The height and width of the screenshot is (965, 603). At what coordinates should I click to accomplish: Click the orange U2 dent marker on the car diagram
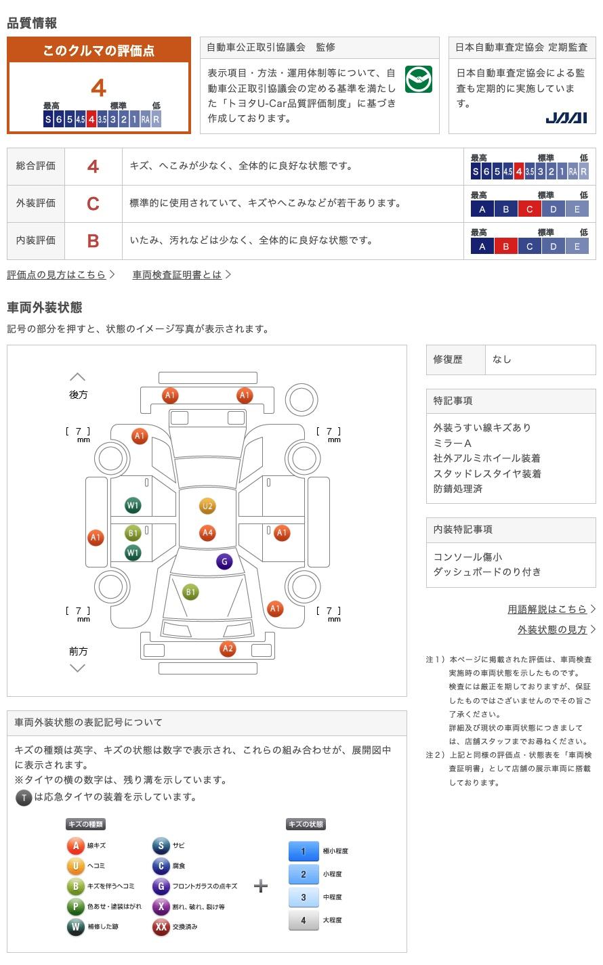point(207,506)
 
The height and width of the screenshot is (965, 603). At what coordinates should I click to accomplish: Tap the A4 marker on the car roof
point(207,533)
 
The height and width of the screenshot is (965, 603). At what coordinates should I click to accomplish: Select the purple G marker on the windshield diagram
point(224,561)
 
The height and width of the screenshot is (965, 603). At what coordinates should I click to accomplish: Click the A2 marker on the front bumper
point(228,649)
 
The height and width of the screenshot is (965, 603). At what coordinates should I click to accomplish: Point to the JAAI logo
point(566,118)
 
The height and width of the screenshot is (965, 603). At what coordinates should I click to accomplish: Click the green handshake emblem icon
point(418,80)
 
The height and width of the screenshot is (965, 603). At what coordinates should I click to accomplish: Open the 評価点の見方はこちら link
point(56,274)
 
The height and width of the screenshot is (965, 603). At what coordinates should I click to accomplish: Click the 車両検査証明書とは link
point(177,274)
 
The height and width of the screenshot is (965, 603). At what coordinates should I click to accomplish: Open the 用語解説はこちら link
point(547,609)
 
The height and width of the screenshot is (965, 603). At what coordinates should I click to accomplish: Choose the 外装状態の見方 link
point(552,629)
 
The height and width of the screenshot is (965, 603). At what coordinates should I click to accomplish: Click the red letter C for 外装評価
point(93,203)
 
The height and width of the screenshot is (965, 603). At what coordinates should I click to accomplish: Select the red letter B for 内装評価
point(93,240)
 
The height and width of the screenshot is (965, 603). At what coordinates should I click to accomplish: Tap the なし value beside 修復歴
point(502,360)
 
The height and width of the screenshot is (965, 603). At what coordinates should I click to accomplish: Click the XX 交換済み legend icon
point(161,926)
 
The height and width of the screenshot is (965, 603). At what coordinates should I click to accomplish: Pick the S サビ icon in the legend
point(161,845)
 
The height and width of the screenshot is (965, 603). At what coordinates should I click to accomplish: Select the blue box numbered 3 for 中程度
point(304,897)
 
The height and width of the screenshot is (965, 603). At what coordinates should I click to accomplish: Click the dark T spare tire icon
point(24,797)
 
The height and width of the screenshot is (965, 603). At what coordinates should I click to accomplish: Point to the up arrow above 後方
point(78,377)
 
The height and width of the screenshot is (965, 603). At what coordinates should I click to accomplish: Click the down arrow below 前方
point(78,668)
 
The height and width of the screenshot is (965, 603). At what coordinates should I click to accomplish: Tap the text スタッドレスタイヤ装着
point(487,473)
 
